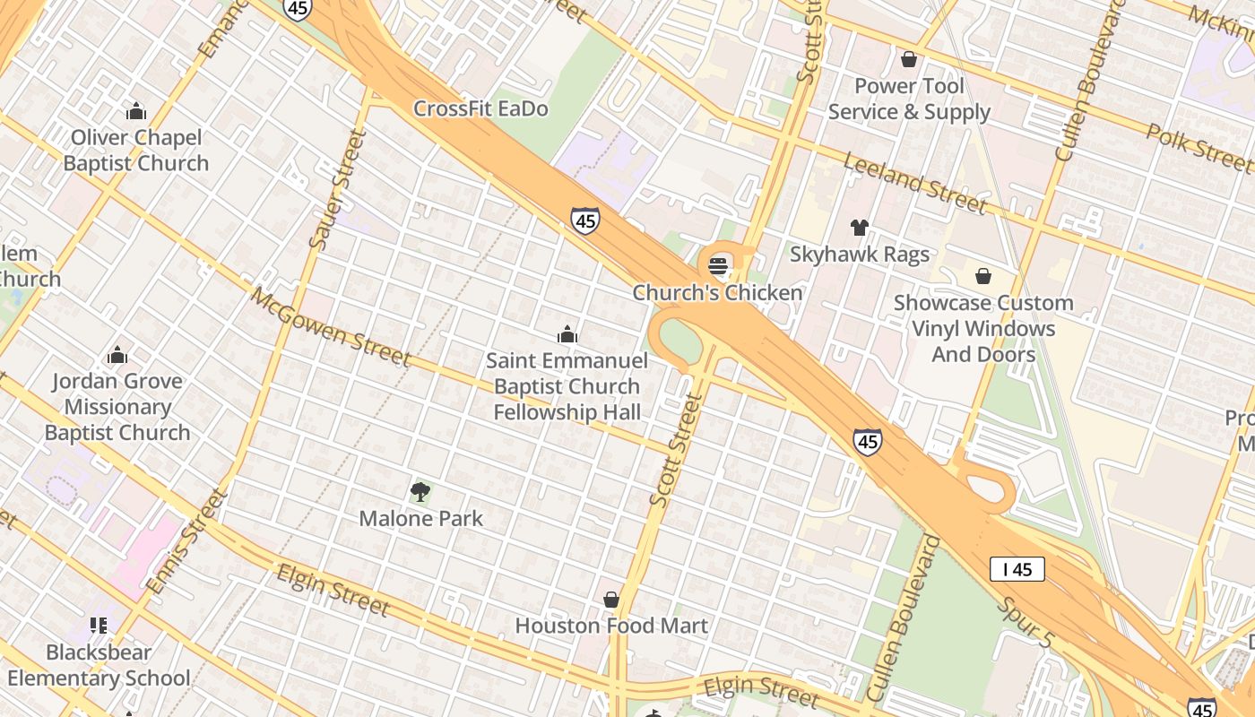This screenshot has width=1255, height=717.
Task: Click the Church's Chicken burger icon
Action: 718,265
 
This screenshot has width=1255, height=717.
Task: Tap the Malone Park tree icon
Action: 420,491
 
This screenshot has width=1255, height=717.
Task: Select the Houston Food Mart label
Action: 611,626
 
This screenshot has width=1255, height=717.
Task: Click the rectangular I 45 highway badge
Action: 1017,569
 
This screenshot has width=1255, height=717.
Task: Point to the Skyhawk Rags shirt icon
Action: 860,228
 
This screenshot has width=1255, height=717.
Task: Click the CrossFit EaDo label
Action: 480,109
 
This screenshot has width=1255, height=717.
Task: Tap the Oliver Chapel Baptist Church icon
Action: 136,111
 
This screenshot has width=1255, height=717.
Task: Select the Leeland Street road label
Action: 914,183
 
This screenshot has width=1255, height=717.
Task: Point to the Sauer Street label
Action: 338,190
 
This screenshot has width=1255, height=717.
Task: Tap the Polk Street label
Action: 1199,148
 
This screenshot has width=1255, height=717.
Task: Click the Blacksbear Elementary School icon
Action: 99,625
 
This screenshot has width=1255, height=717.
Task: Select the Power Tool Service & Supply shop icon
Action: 909,60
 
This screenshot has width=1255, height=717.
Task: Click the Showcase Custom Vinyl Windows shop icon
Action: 983,276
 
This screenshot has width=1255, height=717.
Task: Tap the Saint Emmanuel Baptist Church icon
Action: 567,335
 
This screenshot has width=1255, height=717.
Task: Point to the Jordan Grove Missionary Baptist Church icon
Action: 117,355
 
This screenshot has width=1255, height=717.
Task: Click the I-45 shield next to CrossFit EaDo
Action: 584,220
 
